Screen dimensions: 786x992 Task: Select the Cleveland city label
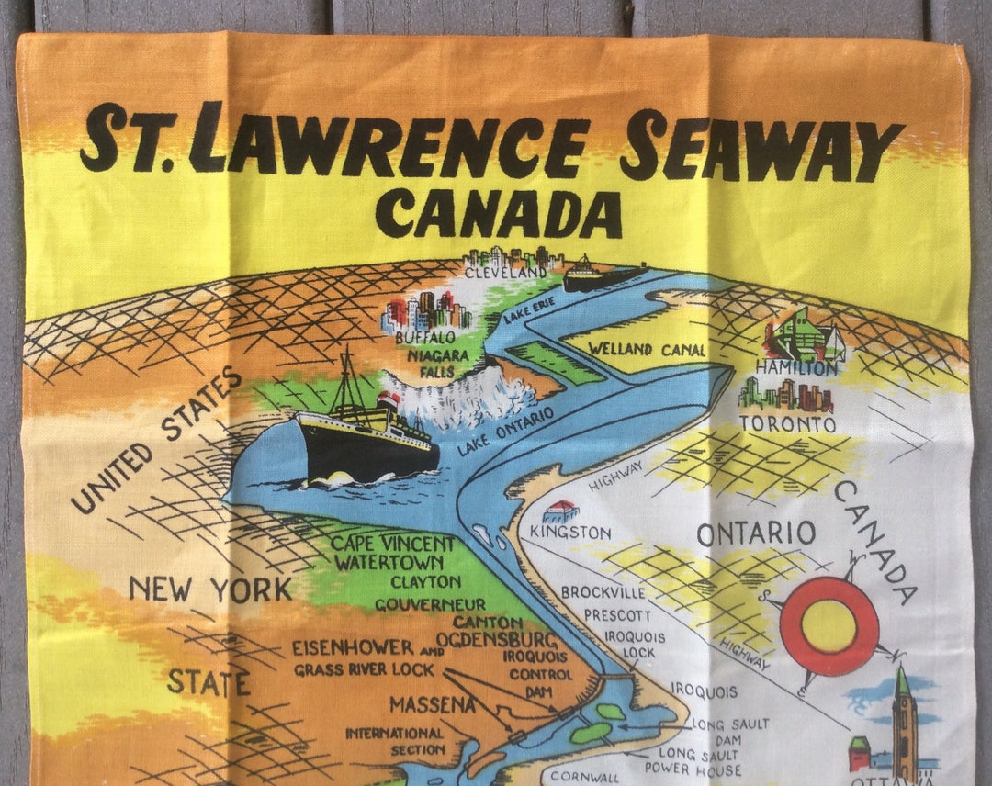click(505, 273)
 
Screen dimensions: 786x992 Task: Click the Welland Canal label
click(647, 350)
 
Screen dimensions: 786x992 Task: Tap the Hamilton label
click(796, 367)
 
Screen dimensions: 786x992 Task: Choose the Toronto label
click(787, 424)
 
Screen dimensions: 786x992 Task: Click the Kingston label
click(569, 533)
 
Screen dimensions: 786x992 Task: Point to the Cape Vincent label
click(392, 544)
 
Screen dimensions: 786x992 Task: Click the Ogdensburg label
click(496, 639)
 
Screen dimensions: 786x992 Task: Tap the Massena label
click(432, 705)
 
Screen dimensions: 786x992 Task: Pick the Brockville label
click(603, 592)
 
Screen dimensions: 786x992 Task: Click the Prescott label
click(617, 615)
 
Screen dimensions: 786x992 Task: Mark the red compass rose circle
click(829, 626)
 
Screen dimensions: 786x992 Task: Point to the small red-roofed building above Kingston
click(560, 511)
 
